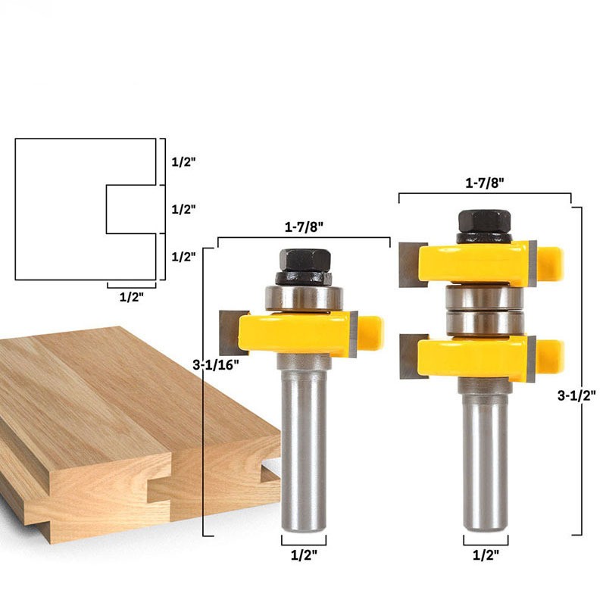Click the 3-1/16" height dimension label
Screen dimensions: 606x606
216,364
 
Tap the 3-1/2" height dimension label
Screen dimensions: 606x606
576,395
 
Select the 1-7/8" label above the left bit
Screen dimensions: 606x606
304,226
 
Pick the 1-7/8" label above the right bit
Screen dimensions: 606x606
485,183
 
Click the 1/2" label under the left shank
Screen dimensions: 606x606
304,555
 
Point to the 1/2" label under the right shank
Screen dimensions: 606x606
486,555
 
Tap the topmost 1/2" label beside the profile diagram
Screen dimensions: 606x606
183,161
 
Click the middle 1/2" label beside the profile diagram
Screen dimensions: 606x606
183,209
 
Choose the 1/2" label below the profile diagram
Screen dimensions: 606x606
131,297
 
